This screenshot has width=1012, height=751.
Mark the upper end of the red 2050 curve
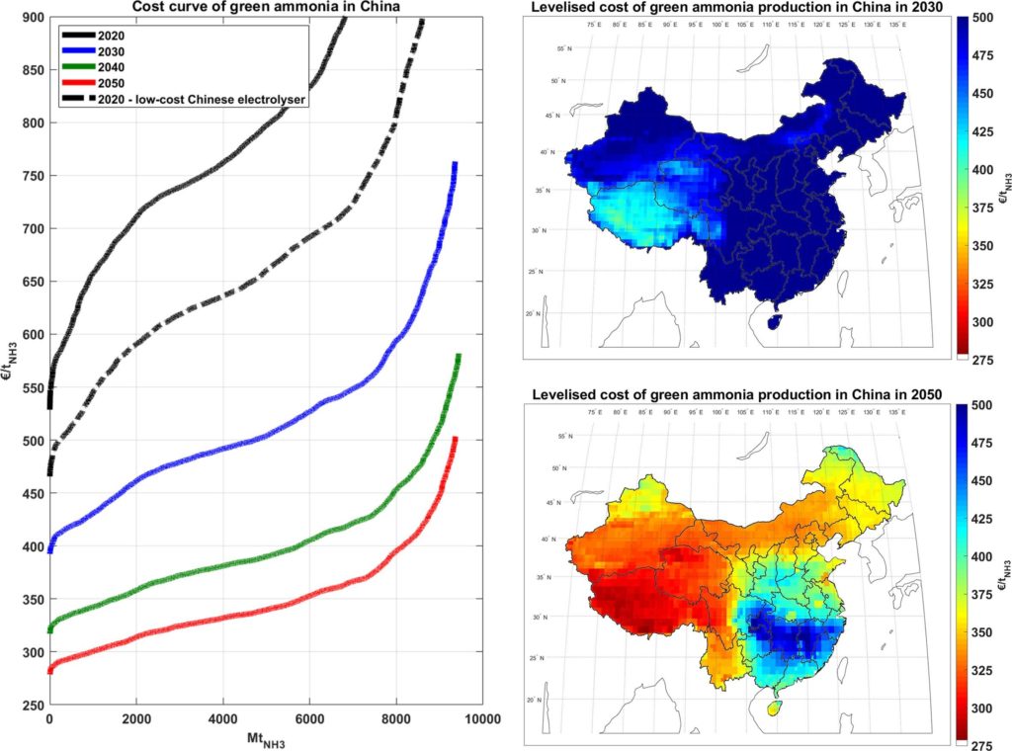(455, 439)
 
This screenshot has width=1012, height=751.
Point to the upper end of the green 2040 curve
(459, 357)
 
